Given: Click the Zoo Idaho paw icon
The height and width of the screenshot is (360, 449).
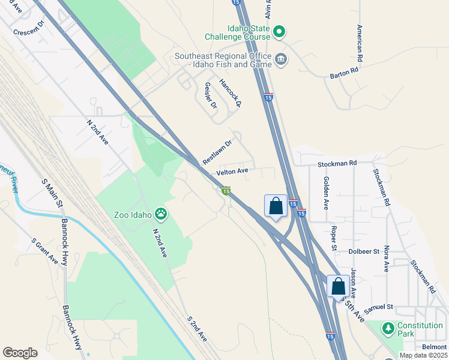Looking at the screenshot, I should coord(161,213).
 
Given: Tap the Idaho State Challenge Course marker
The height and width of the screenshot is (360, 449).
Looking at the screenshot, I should coord(279,31).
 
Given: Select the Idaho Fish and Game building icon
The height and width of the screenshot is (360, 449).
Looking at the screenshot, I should coord(281,59).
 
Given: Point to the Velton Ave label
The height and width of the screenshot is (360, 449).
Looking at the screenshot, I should coord(232,172).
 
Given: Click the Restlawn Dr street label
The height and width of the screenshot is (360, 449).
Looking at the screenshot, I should coord(217,153).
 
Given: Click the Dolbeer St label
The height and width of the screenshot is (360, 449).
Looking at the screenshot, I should coord(364,251).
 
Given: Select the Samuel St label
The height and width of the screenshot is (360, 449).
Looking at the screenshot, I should coord(380,307).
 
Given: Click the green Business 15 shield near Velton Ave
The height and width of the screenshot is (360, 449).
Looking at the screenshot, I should coord(226,191).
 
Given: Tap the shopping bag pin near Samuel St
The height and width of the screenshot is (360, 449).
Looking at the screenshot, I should coord(338,286).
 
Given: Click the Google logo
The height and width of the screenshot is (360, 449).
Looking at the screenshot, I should coord(20,353).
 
